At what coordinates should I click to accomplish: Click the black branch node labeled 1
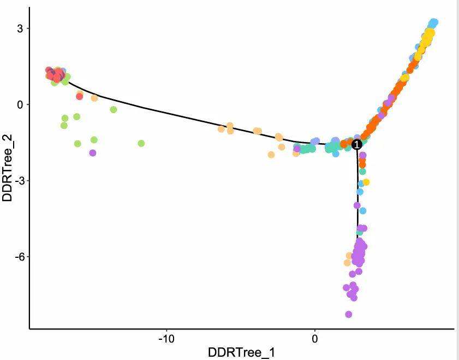[356, 144]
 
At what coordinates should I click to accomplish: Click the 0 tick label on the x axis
[314, 339]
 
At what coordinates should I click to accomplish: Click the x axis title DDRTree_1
[241, 352]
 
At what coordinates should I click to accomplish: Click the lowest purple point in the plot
[348, 314]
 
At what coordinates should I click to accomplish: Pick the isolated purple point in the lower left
[93, 153]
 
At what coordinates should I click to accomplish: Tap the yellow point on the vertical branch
[366, 182]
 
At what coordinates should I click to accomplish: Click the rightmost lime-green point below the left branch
[141, 143]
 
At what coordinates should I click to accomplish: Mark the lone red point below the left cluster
[80, 97]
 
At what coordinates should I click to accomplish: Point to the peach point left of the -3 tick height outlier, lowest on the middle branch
[271, 155]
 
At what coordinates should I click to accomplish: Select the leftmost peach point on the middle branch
[221, 129]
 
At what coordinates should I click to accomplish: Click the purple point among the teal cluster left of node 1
[297, 149]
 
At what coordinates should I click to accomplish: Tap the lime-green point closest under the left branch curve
[114, 109]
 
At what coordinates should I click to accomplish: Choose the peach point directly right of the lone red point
[94, 98]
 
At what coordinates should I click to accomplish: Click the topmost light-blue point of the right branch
[433, 22]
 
